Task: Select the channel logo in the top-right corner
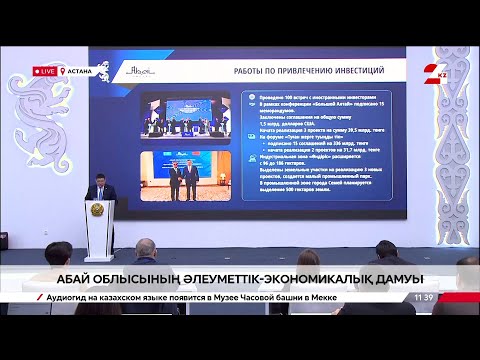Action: tap(435, 71)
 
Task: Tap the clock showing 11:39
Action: tap(424, 297)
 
